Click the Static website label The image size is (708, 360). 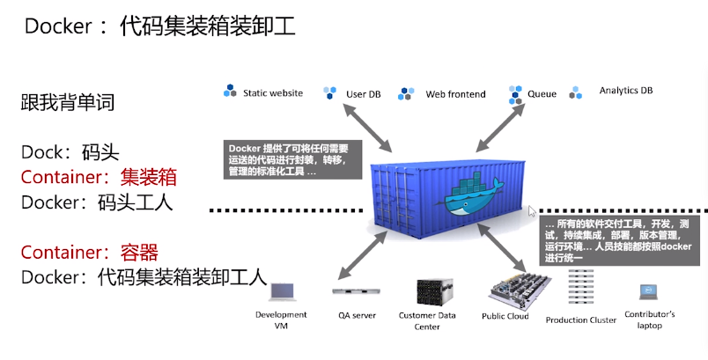click(x=272, y=92)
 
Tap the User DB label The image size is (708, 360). click(x=363, y=93)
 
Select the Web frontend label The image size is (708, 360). click(x=455, y=94)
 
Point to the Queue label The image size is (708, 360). click(x=542, y=93)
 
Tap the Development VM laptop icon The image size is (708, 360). click(x=281, y=293)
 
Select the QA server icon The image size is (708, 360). click(x=356, y=291)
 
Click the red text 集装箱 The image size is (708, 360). click(x=148, y=177)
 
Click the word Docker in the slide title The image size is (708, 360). click(x=58, y=26)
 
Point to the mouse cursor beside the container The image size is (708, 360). click(x=531, y=211)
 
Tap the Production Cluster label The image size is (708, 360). click(x=580, y=320)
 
